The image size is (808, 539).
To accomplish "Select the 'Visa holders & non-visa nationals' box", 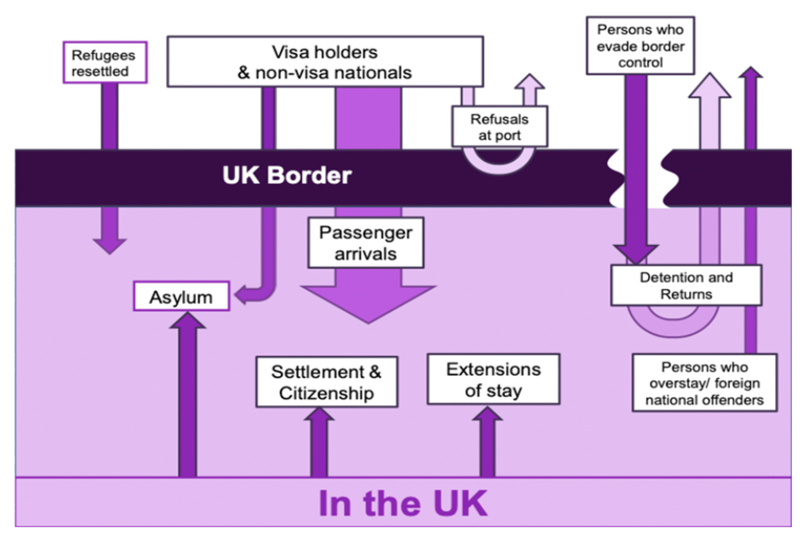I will [325, 62].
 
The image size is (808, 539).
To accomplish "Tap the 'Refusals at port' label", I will [501, 125].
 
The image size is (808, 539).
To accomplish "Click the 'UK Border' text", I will [287, 177].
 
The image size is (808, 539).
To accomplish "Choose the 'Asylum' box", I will [181, 296].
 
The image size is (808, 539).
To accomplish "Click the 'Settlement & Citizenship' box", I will [326, 382].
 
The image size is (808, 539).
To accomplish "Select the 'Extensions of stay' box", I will [493, 380].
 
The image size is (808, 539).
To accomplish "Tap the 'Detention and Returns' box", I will [686, 286].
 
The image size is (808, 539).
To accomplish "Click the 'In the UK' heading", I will [402, 503].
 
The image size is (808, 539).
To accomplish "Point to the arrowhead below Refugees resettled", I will [109, 244].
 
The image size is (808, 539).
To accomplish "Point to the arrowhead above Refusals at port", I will [529, 84].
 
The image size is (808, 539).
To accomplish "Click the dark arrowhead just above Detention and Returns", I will [635, 253].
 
